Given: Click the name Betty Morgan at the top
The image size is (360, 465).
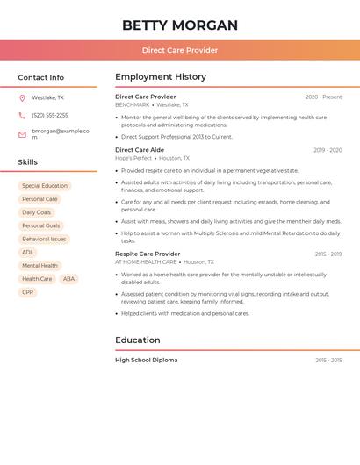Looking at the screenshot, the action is pyautogui.click(x=180, y=25).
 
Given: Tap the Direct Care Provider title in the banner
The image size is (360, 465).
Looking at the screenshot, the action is pyautogui.click(x=180, y=50).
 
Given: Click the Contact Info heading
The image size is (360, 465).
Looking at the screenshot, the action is pyautogui.click(x=40, y=77).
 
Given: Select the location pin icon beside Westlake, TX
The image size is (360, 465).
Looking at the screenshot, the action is pyautogui.click(x=22, y=97).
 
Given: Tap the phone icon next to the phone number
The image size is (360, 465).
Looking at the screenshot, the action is pyautogui.click(x=22, y=115).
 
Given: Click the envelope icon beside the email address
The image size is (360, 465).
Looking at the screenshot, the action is pyautogui.click(x=22, y=133).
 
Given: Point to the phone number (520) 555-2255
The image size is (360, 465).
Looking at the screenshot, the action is pyautogui.click(x=50, y=115).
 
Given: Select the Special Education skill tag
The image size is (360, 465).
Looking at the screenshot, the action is pyautogui.click(x=45, y=186).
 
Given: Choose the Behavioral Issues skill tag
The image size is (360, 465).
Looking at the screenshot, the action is pyautogui.click(x=44, y=239).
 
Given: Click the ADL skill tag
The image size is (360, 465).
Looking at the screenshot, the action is pyautogui.click(x=28, y=253).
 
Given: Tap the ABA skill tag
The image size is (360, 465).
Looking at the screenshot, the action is pyautogui.click(x=69, y=279).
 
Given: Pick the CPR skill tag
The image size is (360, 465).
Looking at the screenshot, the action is pyautogui.click(x=28, y=292).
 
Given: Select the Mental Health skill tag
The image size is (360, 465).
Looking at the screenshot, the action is pyautogui.click(x=40, y=266).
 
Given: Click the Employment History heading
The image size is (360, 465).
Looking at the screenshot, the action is pyautogui.click(x=161, y=77).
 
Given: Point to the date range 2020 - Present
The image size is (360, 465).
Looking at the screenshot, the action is pyautogui.click(x=323, y=97).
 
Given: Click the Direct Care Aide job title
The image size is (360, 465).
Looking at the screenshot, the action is pyautogui.click(x=140, y=150).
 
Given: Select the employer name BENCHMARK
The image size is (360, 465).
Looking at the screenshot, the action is pyautogui.click(x=133, y=104).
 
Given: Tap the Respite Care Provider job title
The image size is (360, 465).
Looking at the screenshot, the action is pyautogui.click(x=148, y=254).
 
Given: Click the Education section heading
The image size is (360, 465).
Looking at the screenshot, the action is pyautogui.click(x=138, y=340).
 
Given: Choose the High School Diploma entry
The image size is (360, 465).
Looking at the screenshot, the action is pyautogui.click(x=146, y=361).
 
